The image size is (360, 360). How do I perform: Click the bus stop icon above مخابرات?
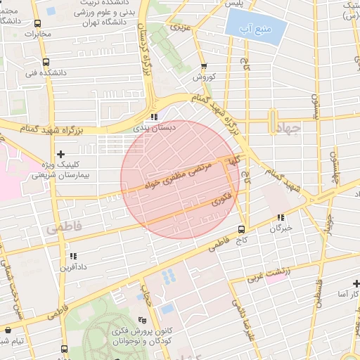(46, 22)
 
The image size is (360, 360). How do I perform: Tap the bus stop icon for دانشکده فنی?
(46, 61)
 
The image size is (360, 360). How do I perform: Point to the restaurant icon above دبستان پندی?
(153, 117)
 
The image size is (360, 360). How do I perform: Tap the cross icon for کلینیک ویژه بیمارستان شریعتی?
(61, 154)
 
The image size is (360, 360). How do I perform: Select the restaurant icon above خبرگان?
(281, 217)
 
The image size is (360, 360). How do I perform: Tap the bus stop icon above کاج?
(242, 229)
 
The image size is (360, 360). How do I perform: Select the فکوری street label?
(219, 202)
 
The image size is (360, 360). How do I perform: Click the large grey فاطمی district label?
(63, 227)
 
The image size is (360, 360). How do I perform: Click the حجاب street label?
(146, 289)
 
